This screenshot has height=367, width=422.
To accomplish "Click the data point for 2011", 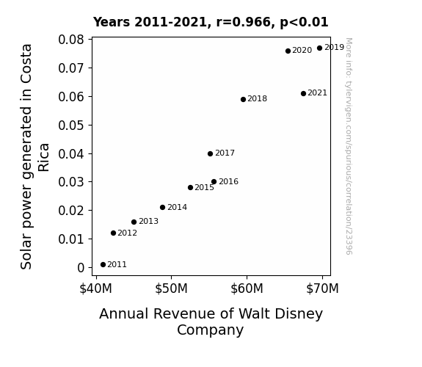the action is coord(103,265).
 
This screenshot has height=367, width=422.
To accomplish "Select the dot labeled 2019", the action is coord(319,48).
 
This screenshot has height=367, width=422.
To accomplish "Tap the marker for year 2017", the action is coord(210,153).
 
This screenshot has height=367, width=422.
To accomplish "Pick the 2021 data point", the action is coord(303,93).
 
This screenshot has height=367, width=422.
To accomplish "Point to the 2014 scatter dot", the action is coord(162,207).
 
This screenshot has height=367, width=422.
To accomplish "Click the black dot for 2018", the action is coord(244,99).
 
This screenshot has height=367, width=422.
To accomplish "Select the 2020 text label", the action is coord(302,51).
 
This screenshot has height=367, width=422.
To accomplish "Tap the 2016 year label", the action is coord(228,182).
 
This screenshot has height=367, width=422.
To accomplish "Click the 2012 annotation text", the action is coord(127,233).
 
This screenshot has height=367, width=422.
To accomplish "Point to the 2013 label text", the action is coord(148,222).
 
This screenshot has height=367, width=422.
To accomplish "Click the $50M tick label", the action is coord(171,288).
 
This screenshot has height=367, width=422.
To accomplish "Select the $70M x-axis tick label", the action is coord(322,288).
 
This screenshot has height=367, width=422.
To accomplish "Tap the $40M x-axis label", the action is coord(95,288).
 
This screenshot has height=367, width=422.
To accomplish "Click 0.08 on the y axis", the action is coord(71,40).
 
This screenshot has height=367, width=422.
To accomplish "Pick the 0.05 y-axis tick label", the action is coord(71,126).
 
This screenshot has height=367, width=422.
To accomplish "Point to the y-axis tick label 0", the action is coord(81,268).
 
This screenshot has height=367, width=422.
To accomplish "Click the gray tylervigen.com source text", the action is coord(349,146).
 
